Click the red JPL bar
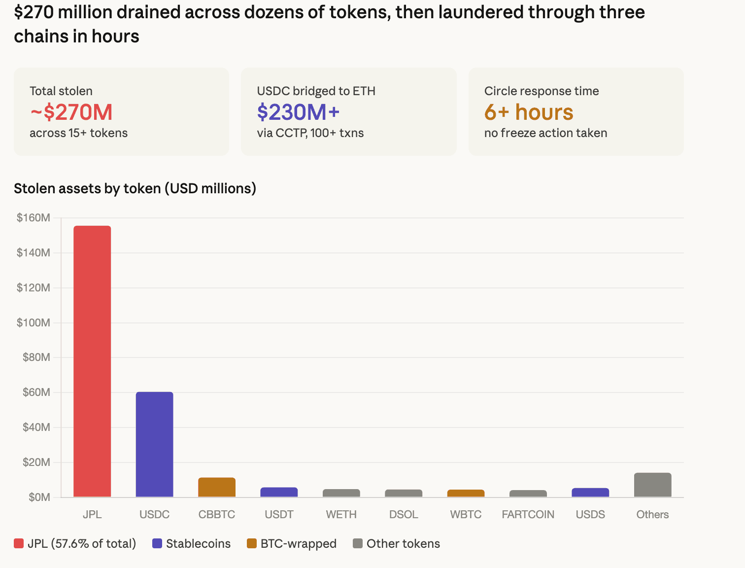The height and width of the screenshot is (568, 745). pyautogui.click(x=92, y=361)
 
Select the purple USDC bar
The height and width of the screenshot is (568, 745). pyautogui.click(x=154, y=444)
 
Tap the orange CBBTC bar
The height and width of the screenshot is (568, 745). pyautogui.click(x=217, y=487)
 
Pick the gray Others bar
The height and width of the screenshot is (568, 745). pyautogui.click(x=652, y=485)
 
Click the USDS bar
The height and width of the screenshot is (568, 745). pyautogui.click(x=590, y=492)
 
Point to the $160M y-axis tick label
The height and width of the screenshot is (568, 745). pyautogui.click(x=34, y=217)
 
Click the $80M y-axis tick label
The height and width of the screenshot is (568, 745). pyautogui.click(x=36, y=357)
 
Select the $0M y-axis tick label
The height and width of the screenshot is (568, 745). pyautogui.click(x=39, y=497)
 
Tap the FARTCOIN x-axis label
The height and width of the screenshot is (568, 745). pyautogui.click(x=528, y=514)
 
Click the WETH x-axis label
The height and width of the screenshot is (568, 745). pyautogui.click(x=341, y=514)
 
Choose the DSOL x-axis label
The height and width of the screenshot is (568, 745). pyautogui.click(x=404, y=514)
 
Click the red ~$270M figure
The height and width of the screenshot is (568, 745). pyautogui.click(x=71, y=112)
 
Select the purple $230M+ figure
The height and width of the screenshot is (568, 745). pyautogui.click(x=298, y=112)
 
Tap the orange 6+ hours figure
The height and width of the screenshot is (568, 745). pyautogui.click(x=529, y=112)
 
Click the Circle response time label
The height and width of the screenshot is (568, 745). pyautogui.click(x=542, y=91)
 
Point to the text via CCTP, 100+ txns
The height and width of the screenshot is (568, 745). pyautogui.click(x=310, y=133)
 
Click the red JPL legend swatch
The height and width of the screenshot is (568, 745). pyautogui.click(x=19, y=543)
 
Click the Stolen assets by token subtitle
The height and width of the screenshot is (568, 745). pyautogui.click(x=135, y=188)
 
